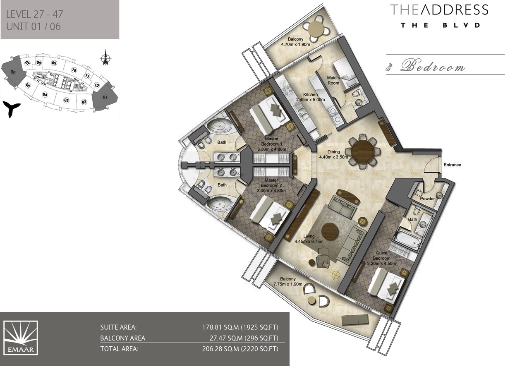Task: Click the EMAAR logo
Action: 21,338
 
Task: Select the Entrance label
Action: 452,165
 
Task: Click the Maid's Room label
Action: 333,80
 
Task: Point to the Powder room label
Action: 427,199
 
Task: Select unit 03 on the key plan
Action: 66,100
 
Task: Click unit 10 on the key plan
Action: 74,70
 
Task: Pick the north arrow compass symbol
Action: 105,58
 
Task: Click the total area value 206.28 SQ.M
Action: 239,349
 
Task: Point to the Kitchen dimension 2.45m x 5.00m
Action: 310,100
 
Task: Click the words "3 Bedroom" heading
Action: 426,67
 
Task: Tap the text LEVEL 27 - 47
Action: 35,14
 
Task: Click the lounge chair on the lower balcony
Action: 355,319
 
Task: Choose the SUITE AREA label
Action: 118,327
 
